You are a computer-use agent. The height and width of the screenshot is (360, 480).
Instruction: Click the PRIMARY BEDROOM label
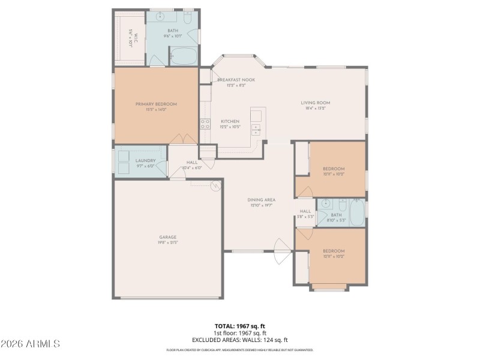(x=156, y=104)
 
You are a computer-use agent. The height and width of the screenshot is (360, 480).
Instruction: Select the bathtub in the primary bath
(x=182, y=57)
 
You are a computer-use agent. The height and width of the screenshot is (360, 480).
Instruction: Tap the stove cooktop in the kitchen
(x=205, y=125)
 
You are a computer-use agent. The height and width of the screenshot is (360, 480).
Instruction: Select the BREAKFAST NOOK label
(x=236, y=80)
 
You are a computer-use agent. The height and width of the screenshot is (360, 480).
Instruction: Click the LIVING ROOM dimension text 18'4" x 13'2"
(x=316, y=109)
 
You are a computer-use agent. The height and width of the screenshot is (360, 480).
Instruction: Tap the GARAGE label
(x=167, y=237)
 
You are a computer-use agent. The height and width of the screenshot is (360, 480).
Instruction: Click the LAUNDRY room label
(x=145, y=160)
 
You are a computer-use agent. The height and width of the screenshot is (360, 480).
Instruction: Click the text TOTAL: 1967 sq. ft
(x=239, y=326)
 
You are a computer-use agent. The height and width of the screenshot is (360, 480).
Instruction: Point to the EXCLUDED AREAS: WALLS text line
(x=239, y=340)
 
